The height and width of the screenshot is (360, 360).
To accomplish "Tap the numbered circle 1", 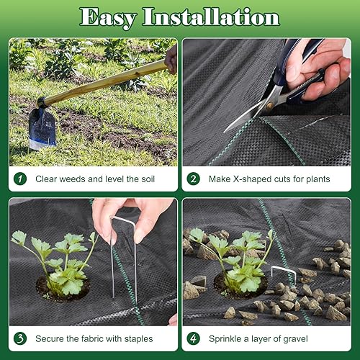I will (x=22, y=179).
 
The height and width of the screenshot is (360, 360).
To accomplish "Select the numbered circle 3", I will (x=22, y=338).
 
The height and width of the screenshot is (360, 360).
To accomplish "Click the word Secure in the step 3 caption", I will (x=50, y=338).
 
